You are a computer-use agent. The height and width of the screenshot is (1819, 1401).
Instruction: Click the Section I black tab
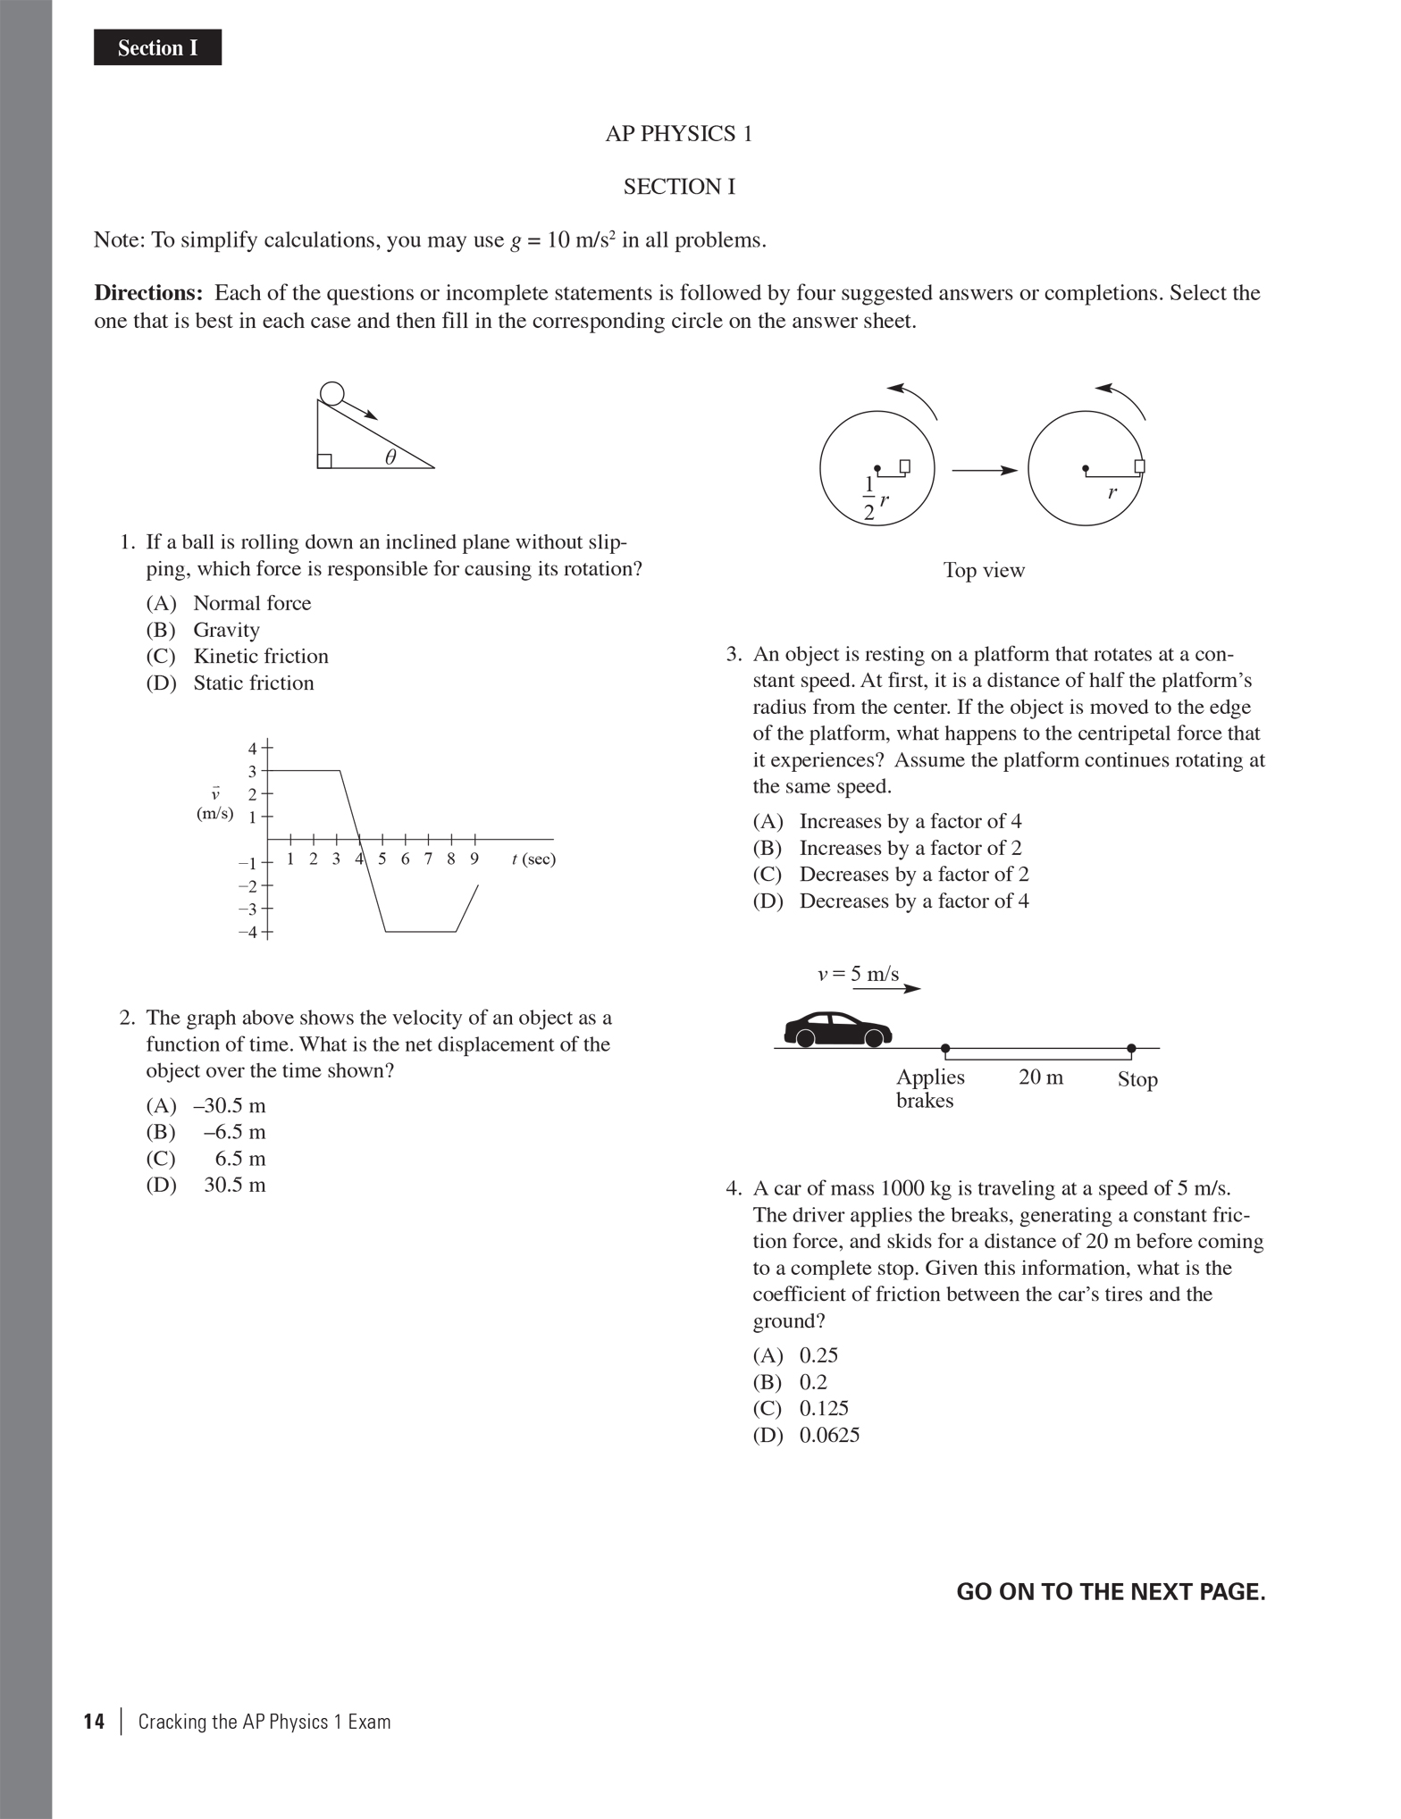(157, 47)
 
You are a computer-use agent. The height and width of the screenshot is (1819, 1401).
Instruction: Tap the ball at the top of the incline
(331, 393)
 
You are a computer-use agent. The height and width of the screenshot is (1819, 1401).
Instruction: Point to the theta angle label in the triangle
(390, 457)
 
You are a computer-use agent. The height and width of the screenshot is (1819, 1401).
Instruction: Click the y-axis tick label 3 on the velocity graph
(252, 771)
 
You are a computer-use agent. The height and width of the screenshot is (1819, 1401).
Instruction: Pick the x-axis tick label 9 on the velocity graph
(474, 859)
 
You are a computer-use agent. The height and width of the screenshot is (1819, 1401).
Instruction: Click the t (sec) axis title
(533, 859)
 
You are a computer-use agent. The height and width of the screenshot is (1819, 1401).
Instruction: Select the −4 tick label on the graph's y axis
(247, 932)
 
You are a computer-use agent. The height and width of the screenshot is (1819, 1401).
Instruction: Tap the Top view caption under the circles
(984, 570)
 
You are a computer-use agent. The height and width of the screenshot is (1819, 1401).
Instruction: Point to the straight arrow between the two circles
(984, 470)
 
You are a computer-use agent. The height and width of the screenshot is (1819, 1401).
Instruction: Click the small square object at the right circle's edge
(1139, 466)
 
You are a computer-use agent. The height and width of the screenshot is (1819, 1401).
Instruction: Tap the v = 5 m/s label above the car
(859, 974)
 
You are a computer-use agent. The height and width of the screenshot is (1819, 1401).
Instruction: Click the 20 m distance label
(1041, 1077)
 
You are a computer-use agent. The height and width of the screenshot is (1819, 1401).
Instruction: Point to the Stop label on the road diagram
(1137, 1079)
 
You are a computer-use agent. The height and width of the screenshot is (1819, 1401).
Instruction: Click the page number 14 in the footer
(94, 1722)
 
